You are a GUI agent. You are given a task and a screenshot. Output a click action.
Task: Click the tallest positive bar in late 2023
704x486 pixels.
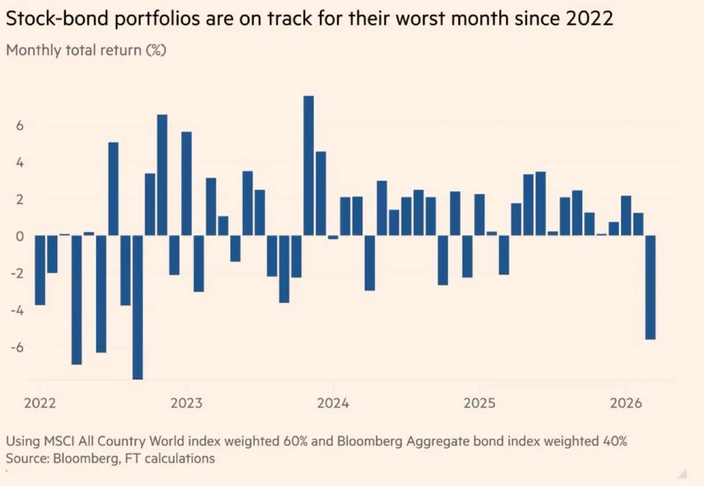coord(309,165)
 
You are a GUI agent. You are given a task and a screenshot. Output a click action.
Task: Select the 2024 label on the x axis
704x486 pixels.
coord(333,403)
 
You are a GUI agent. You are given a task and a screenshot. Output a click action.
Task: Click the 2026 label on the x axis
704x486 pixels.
coord(625,403)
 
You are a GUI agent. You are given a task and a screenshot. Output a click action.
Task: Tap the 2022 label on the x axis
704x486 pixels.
coord(40,403)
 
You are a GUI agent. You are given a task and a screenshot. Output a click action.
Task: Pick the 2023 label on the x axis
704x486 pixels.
coord(186,403)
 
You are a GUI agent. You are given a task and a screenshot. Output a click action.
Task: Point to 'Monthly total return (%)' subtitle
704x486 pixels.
coord(86,50)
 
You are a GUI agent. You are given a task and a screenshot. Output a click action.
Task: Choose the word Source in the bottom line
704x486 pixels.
coord(25,458)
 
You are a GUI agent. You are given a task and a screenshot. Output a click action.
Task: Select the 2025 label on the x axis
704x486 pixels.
coord(479,403)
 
